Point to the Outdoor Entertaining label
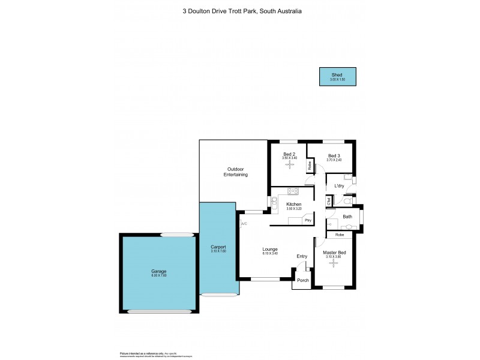[236, 172]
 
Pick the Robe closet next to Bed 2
[310, 166]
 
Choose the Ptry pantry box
[308, 220]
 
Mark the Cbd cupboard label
[329, 202]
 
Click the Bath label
[347, 217]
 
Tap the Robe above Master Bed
[340, 235]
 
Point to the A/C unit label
[244, 224]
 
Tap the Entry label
[302, 257]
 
